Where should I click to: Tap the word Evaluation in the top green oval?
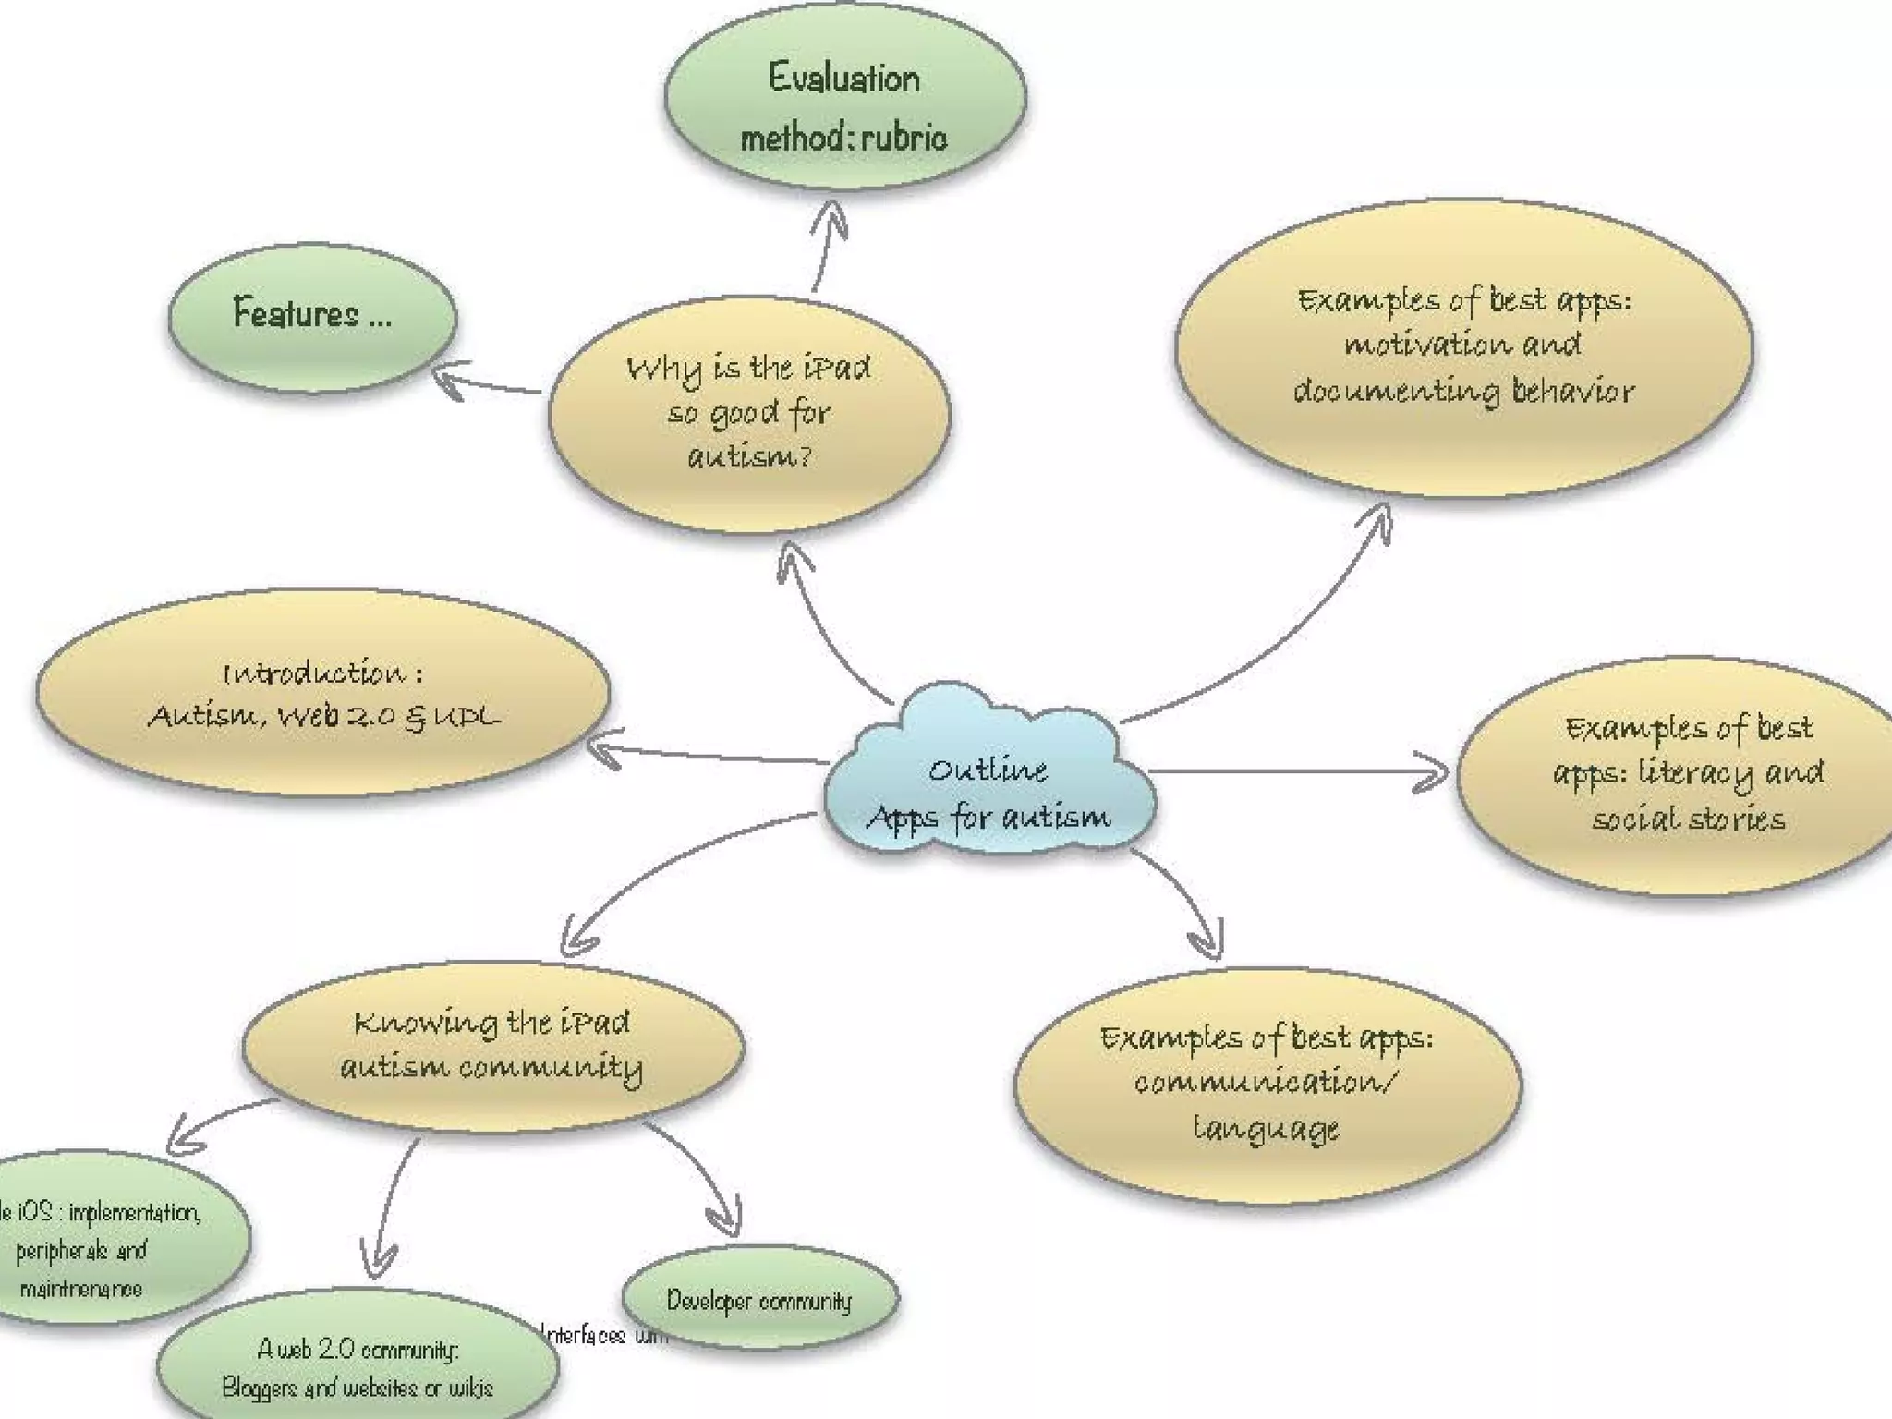coord(843,79)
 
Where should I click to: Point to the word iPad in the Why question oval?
coord(836,369)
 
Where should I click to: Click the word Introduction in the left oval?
coord(314,673)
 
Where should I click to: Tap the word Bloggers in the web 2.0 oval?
coord(260,1387)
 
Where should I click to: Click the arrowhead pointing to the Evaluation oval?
coord(832,215)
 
